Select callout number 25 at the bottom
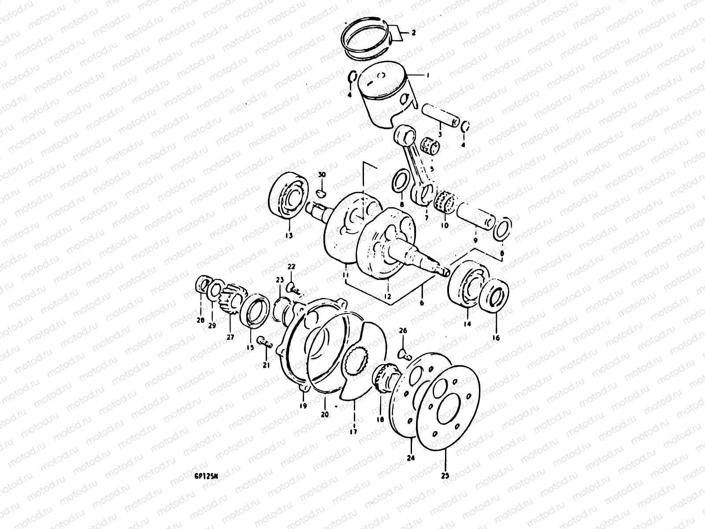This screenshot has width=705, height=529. tap(445, 476)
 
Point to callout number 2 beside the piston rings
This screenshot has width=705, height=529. tap(413, 33)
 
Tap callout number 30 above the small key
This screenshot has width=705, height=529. tap(322, 175)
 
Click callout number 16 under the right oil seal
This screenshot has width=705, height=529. tap(496, 338)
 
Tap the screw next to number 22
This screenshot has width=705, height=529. tap(294, 289)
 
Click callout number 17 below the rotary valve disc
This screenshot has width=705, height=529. tap(353, 432)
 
